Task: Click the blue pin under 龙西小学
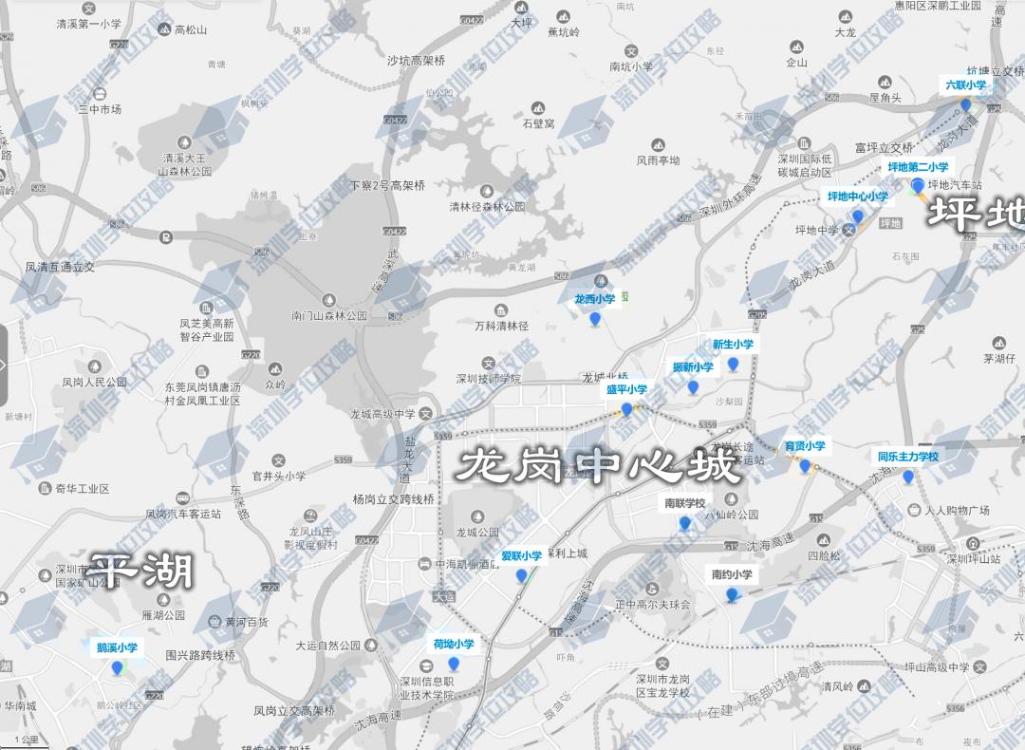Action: coord(595,319)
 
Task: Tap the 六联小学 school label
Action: coord(965,85)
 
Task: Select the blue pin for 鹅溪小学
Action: coord(118,668)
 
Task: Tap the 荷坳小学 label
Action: coord(453,644)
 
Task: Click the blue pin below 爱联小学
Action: coord(521,576)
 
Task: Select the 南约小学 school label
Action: coord(732,574)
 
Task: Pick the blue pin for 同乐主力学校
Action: coord(907,477)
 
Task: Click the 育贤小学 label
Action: coord(805,445)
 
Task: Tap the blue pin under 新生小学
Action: coord(733,365)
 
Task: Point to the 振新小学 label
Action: coord(693,367)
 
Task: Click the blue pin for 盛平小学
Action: coord(626,410)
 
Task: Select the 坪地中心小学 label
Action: coord(857,197)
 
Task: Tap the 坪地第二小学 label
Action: coord(918,167)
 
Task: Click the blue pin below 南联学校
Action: coord(684,523)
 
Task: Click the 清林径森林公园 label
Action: coord(487,206)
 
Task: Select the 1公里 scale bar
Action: coord(26,741)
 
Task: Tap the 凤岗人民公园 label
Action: coord(94,383)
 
